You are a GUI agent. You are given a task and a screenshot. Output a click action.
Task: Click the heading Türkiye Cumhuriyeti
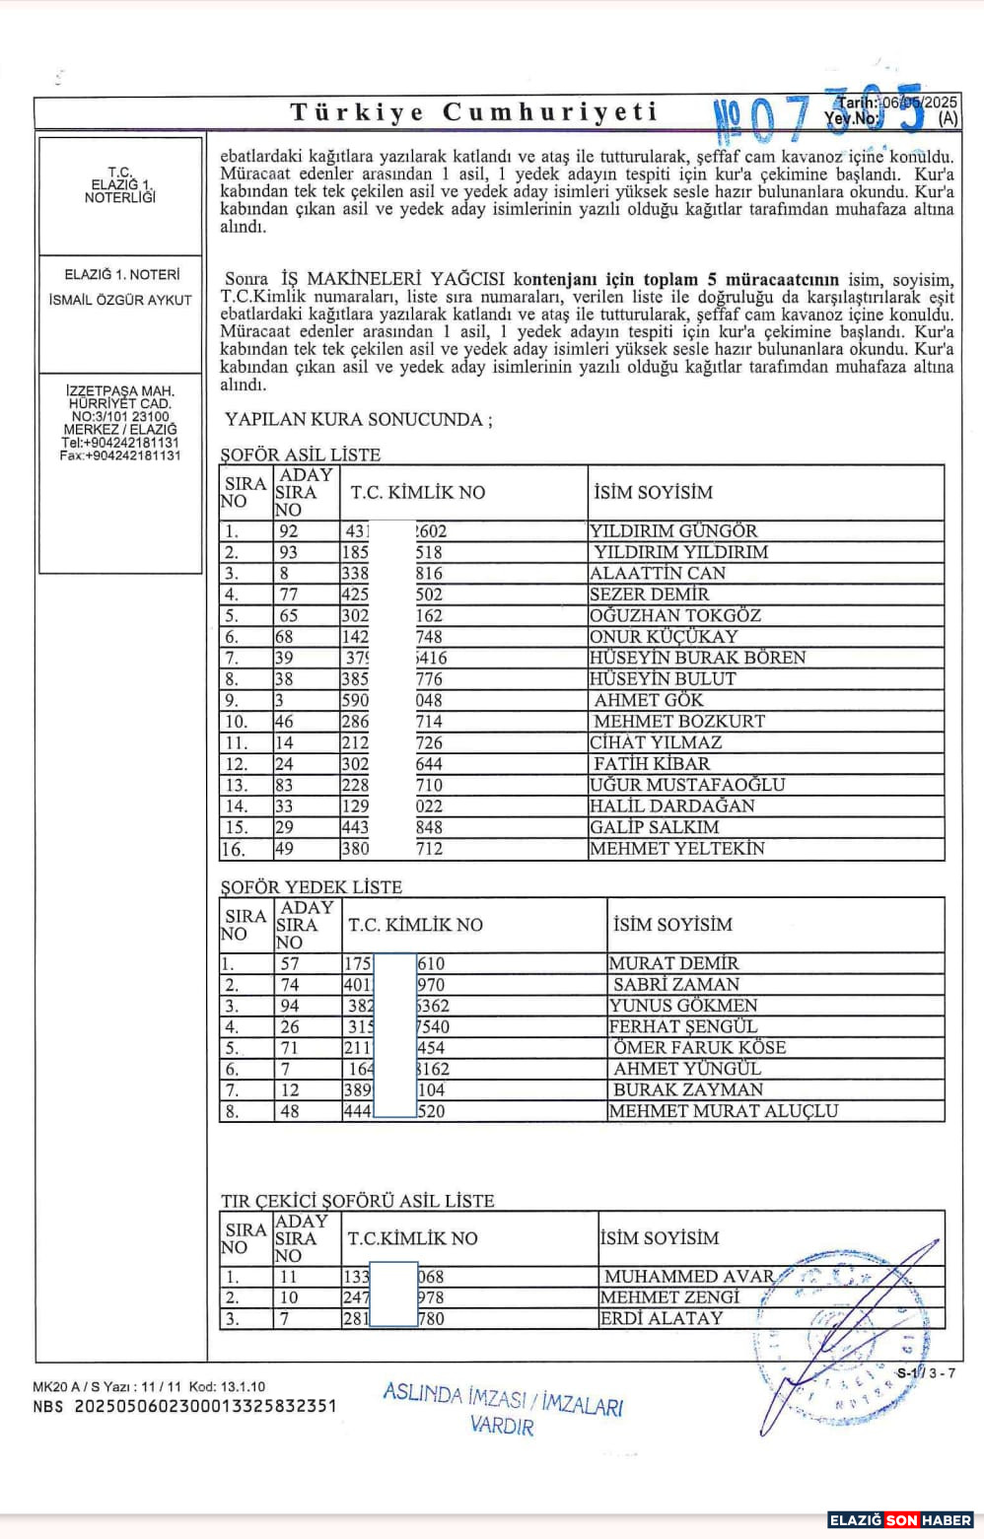(474, 111)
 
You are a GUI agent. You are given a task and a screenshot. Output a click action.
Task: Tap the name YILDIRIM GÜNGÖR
(673, 530)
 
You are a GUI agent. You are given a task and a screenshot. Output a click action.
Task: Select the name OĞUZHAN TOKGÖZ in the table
(675, 615)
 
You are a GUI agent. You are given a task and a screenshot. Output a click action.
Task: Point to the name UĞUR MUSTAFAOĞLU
(687, 785)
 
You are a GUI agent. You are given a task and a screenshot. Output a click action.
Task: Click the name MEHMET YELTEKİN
(677, 848)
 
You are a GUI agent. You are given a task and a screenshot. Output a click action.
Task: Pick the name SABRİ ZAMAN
(676, 984)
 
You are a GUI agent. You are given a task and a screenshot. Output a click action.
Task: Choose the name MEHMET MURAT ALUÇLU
(724, 1111)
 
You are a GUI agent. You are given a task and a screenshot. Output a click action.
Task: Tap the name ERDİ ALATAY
(662, 1318)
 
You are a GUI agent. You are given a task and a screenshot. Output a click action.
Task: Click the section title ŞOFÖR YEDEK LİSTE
(312, 886)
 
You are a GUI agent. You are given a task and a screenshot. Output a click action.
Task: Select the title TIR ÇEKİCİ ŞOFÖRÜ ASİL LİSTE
(358, 1200)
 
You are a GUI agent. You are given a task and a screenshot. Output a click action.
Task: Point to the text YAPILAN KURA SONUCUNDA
(358, 419)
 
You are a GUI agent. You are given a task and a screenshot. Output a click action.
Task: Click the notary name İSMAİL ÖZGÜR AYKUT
(120, 300)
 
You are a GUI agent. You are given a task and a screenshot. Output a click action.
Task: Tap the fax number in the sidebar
(120, 455)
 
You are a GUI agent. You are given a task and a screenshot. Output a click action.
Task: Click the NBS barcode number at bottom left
(185, 1406)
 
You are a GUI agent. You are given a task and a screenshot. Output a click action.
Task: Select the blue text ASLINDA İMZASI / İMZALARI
(503, 1398)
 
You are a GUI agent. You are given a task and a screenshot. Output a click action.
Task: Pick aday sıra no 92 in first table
(288, 530)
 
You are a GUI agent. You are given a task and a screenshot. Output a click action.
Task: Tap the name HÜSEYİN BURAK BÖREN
(697, 658)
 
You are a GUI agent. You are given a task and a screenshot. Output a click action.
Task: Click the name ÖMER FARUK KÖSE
(699, 1047)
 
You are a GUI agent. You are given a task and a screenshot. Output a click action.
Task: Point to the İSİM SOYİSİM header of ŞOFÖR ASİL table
(653, 492)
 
